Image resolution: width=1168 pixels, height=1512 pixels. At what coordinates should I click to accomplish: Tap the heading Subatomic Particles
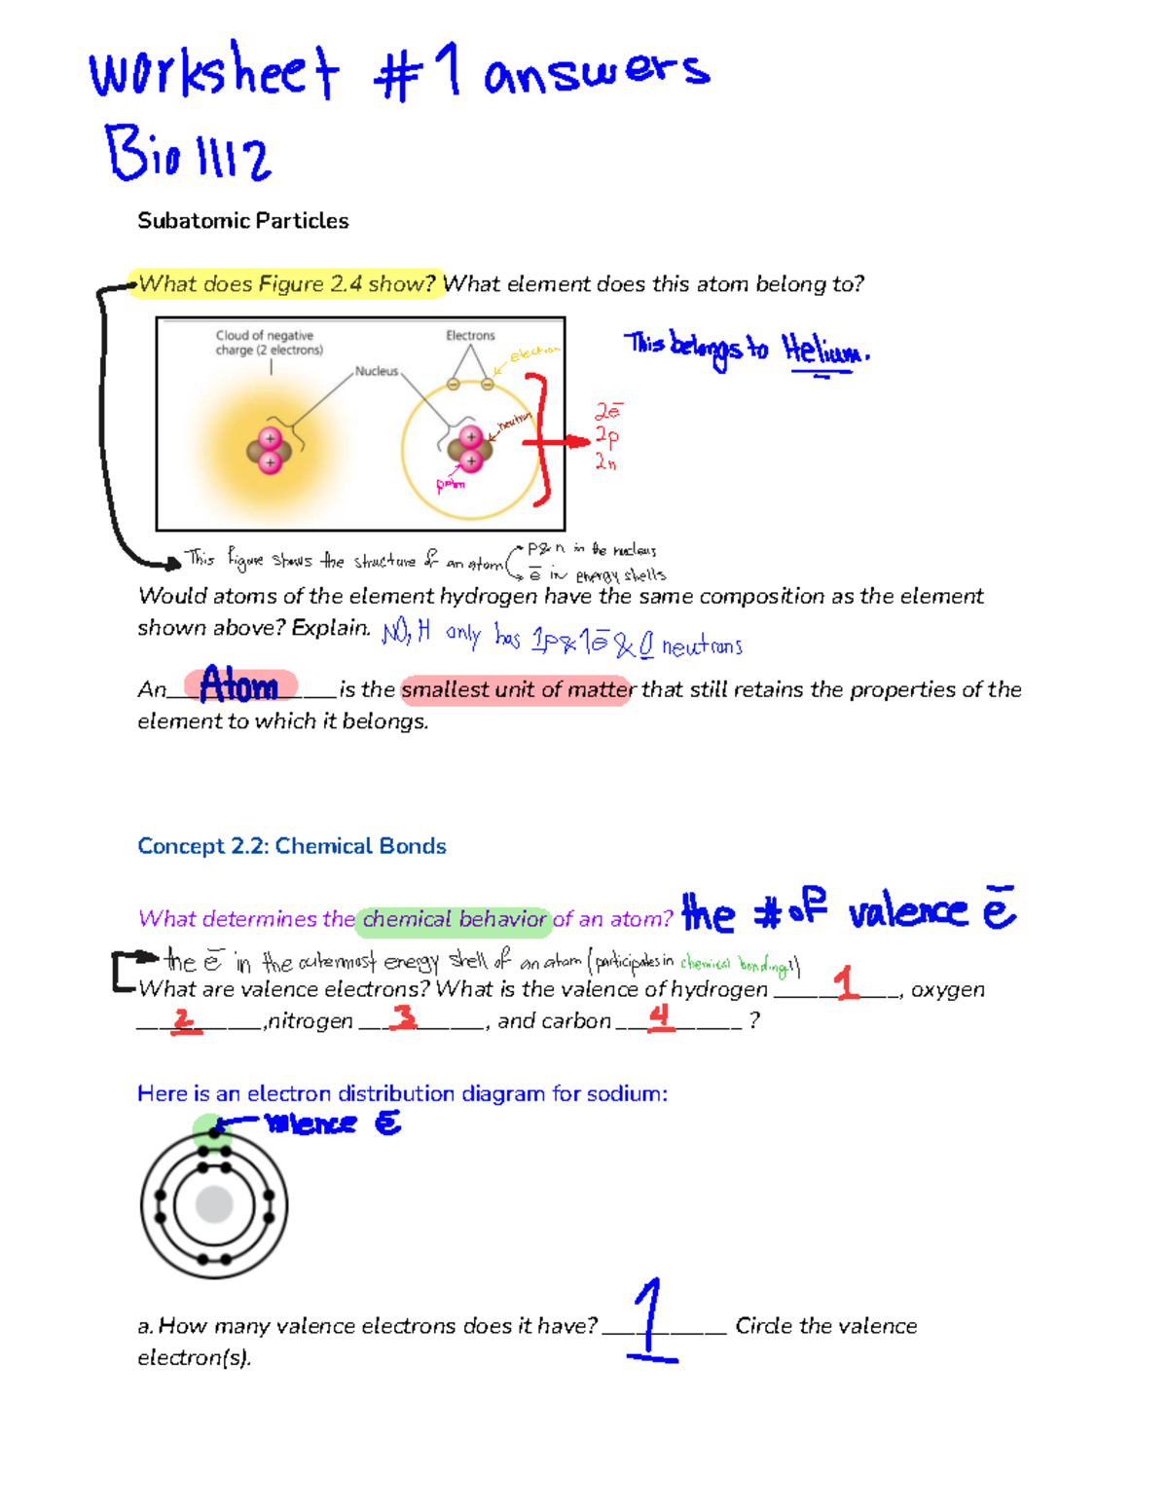point(242,221)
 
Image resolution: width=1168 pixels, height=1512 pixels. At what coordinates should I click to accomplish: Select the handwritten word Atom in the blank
point(239,686)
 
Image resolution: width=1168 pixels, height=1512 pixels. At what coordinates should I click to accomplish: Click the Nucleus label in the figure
point(376,371)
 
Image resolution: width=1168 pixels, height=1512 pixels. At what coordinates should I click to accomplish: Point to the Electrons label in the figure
point(470,336)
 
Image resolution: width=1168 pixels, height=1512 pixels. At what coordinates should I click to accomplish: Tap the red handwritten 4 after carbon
point(661,1017)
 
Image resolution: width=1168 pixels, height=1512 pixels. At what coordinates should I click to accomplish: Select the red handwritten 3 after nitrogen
point(403,1017)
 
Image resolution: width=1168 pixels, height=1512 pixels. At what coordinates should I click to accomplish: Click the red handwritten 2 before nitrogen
point(184,1020)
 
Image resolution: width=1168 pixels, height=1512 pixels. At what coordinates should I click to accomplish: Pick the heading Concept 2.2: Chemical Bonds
point(291,846)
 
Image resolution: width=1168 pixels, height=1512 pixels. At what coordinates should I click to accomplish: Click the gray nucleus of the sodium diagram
point(214,1204)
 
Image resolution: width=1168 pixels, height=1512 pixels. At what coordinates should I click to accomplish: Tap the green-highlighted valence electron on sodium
point(214,1131)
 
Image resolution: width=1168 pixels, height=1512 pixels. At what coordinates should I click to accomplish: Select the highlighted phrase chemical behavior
point(454,919)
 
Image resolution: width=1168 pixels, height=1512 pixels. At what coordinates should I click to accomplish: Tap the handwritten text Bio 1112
point(187,154)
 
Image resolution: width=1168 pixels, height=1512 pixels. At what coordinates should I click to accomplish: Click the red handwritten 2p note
point(607,436)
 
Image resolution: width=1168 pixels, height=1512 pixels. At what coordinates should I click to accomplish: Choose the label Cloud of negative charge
point(269,343)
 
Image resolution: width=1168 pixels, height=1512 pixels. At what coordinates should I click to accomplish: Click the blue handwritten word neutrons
point(702,646)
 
